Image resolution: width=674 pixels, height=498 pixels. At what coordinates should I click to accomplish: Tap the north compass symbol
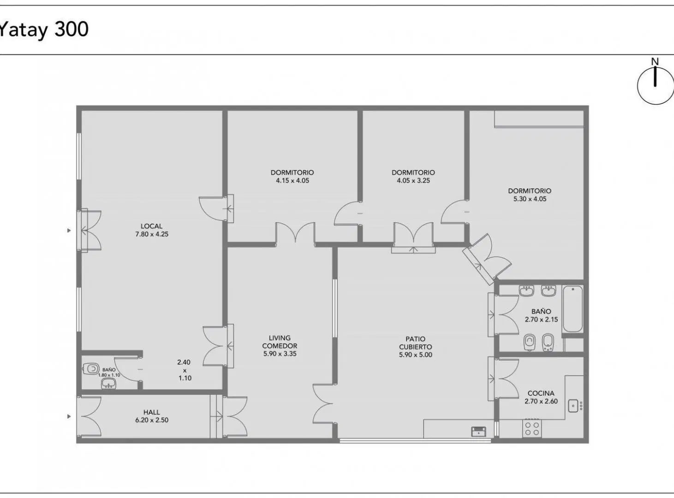[655, 83]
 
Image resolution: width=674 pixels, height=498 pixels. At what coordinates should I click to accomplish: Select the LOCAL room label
[151, 226]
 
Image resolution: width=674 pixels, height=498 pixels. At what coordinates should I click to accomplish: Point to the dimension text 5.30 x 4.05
[530, 199]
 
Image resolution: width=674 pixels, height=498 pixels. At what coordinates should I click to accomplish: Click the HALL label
[152, 412]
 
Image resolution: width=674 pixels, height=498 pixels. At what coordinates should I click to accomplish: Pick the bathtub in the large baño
[573, 308]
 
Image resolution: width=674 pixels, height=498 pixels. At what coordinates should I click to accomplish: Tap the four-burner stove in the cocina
[532, 428]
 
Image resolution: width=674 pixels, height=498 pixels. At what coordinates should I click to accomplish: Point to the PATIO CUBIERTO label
[415, 343]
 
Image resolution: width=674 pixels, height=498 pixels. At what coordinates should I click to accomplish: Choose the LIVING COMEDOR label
[280, 342]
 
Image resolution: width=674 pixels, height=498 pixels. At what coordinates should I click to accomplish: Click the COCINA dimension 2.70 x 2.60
[541, 401]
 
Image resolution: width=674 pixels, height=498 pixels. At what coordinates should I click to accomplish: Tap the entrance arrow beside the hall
[69, 416]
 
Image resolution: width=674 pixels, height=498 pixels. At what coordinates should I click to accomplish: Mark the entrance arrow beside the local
[69, 231]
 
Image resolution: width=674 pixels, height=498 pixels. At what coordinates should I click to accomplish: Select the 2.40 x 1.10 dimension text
[185, 370]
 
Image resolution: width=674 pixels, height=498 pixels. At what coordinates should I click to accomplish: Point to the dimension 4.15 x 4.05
[292, 181]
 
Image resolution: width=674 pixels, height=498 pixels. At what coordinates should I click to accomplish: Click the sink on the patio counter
[478, 432]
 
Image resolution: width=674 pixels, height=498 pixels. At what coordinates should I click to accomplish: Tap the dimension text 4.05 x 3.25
[413, 181]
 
